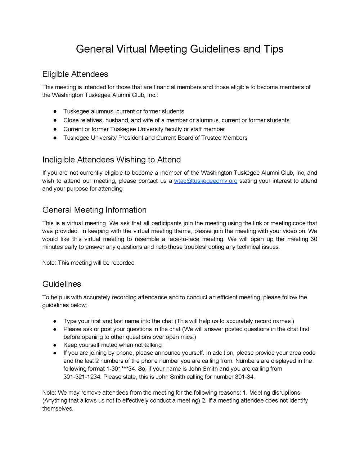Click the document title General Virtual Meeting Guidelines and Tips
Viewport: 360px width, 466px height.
coord(180,49)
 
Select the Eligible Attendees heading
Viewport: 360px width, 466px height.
coord(75,74)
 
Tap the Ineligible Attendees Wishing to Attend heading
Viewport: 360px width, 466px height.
coord(112,160)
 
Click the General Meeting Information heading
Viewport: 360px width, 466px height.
coord(94,210)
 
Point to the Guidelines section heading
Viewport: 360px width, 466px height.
coord(62,284)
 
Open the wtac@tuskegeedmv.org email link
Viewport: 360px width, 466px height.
coord(206,181)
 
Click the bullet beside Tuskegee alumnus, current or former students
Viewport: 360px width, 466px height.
coord(55,112)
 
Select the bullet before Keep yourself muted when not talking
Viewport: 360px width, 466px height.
coord(55,345)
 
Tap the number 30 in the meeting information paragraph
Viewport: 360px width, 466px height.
coord(314,239)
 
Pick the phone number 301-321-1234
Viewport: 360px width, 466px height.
coord(82,377)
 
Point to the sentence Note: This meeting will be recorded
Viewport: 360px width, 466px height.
coord(89,263)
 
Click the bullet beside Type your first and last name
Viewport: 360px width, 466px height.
coord(55,321)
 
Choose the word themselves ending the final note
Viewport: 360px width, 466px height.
coord(58,408)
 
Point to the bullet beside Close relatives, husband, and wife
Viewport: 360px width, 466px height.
coord(55,120)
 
